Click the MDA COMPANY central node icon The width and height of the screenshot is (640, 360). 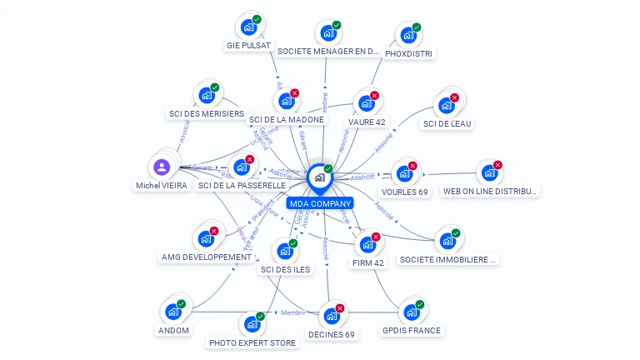click(319, 177)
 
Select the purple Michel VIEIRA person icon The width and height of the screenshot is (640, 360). click(162, 167)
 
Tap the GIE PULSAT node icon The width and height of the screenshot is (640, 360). click(247, 27)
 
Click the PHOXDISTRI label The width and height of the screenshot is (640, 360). click(410, 53)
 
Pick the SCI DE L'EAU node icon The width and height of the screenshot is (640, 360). click(445, 106)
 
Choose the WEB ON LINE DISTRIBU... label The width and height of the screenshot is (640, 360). click(491, 192)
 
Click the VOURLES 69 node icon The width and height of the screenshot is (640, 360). click(404, 173)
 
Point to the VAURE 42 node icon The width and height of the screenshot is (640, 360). click(365, 104)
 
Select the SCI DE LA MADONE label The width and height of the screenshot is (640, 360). click(287, 120)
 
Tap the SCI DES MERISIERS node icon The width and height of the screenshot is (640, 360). click(205, 95)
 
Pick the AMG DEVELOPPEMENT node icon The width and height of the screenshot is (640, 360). click(206, 239)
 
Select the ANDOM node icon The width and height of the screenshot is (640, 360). click(173, 312)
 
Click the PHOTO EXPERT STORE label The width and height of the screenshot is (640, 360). click(252, 342)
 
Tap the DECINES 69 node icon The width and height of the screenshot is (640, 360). click(331, 317)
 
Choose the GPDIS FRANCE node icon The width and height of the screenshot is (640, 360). click(411, 312)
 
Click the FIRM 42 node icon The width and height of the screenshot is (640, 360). click(367, 245)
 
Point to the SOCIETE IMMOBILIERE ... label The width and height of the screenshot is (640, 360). click(448, 260)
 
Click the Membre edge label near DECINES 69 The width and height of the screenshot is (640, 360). click(293, 312)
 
